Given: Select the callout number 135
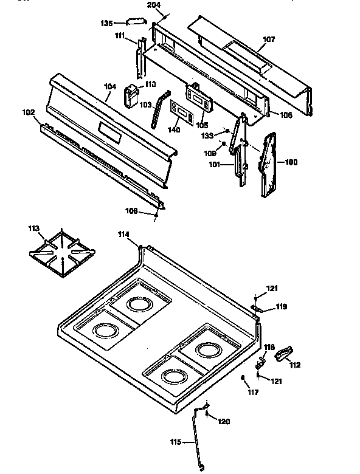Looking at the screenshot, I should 106,24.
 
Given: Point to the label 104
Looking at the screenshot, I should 110,87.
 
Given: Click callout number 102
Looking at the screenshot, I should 29,112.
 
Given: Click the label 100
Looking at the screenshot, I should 291,162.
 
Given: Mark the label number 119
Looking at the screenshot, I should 281,307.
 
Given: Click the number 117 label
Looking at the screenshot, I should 252,393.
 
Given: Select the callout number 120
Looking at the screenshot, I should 224,421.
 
